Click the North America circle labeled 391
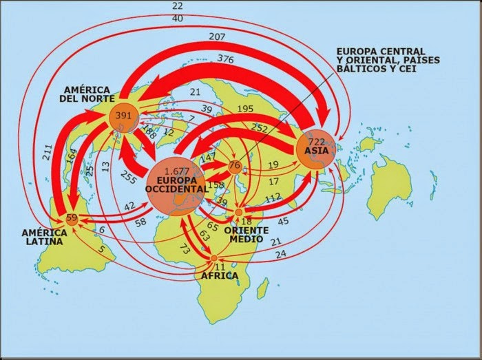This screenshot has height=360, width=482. [x=124, y=116]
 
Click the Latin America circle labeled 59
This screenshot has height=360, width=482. [x=72, y=220]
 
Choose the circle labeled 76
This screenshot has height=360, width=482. [x=235, y=165]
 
